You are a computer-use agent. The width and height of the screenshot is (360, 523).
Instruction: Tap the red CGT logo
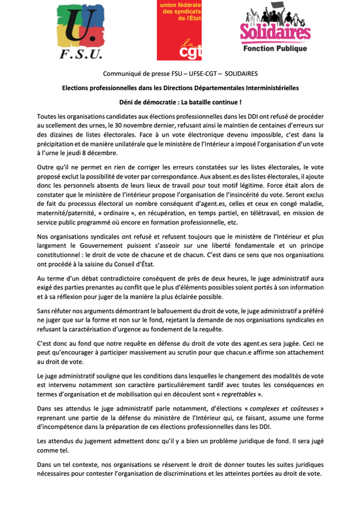pyautogui.click(x=180, y=31)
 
